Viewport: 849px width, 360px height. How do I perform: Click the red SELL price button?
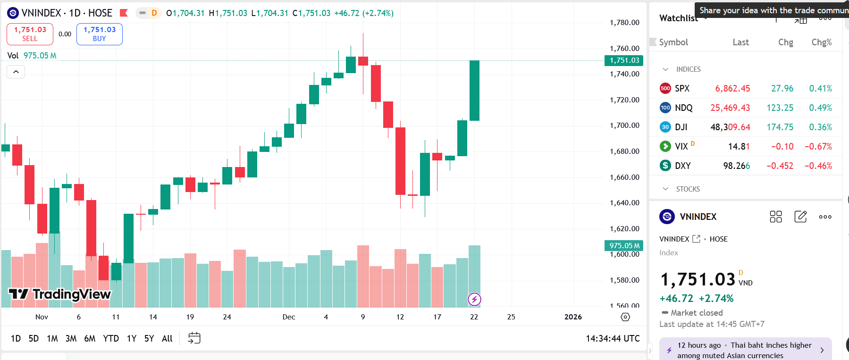click(x=30, y=34)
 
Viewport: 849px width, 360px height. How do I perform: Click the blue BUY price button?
click(x=99, y=34)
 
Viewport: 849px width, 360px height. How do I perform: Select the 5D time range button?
click(x=34, y=338)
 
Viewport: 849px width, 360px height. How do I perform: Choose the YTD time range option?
click(x=111, y=338)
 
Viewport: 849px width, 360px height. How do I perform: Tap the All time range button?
click(x=167, y=338)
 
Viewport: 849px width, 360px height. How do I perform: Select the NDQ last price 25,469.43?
click(x=730, y=108)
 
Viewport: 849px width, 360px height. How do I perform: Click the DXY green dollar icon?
click(x=665, y=166)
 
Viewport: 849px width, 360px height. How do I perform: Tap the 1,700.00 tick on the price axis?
click(x=624, y=126)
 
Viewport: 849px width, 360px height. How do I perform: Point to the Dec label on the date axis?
click(x=289, y=317)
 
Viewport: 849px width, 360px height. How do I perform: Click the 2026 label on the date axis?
click(x=573, y=317)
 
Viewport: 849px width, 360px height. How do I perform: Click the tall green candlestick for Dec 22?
click(x=474, y=91)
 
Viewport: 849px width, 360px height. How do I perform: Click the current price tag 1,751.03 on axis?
click(x=624, y=60)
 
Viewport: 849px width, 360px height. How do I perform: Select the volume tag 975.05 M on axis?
click(x=624, y=245)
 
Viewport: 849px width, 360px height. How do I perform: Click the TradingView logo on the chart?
click(x=60, y=294)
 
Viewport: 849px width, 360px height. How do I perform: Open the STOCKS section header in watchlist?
click(x=688, y=189)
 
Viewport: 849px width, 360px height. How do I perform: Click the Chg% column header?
click(x=821, y=42)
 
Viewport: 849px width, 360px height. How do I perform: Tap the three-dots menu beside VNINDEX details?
click(x=825, y=217)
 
